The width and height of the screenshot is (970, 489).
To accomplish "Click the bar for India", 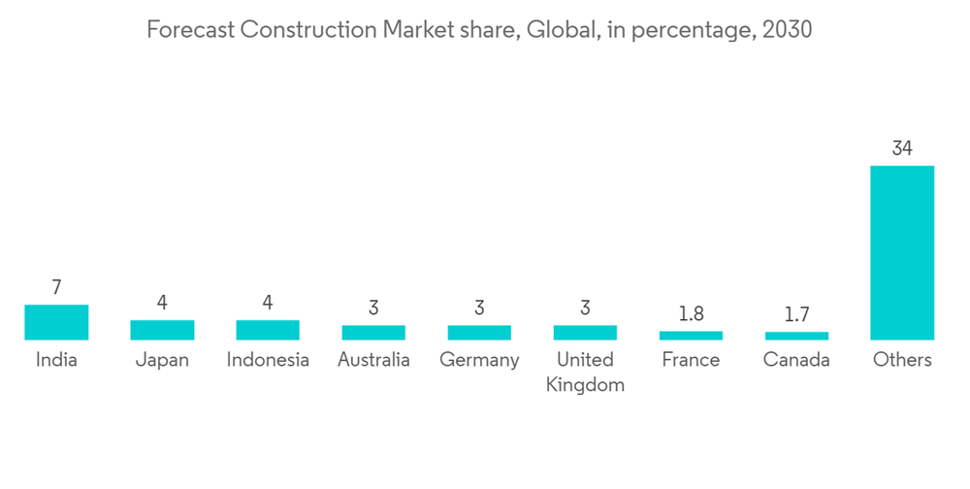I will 56,322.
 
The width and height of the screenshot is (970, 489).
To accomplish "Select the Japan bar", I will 162,330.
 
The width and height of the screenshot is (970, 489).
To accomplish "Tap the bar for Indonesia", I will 268,330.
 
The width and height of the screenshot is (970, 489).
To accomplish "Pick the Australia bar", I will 373,333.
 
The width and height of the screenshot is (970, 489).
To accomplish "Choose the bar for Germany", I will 479,333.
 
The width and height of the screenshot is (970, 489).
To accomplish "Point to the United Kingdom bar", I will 585,333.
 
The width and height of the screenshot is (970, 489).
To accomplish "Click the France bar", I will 691,336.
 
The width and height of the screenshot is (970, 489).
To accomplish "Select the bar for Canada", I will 796,336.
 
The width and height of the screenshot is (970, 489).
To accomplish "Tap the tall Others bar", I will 902,252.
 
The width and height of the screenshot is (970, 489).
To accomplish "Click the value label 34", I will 902,148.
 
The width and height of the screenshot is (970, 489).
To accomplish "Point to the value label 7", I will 56,287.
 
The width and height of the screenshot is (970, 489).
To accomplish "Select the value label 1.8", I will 691,314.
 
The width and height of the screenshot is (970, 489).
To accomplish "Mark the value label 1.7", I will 796,314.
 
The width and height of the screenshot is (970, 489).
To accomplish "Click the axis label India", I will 56,360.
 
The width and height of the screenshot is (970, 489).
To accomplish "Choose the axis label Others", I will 902,360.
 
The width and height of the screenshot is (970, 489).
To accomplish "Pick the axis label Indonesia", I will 268,360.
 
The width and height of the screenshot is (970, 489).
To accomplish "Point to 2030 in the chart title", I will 788,30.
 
